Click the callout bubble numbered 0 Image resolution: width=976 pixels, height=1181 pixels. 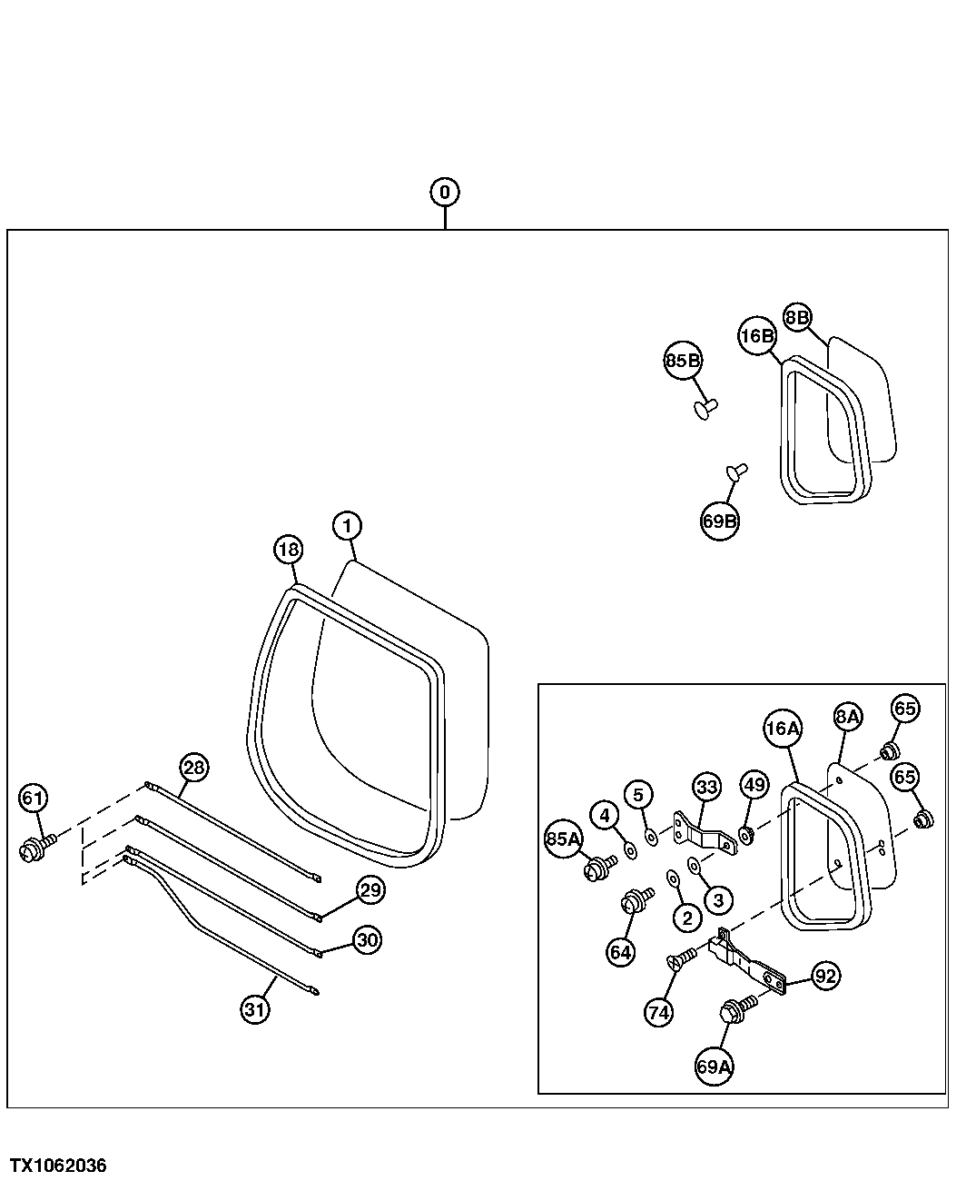445,192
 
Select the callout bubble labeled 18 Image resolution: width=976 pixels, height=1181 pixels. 289,550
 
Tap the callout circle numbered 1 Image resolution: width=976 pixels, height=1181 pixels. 347,525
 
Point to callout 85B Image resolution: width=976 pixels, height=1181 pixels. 683,362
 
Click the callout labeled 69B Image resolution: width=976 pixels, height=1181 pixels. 720,521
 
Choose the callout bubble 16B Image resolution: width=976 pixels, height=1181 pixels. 756,335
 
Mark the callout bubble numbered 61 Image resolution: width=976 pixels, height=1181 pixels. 33,799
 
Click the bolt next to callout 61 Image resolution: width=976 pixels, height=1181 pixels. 34,848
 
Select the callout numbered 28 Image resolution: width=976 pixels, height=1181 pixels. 193,768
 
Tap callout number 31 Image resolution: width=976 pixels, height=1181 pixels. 256,1008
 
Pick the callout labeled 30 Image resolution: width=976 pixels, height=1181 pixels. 367,940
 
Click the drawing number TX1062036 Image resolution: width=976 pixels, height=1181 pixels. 58,1166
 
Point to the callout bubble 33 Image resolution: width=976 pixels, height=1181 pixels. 707,787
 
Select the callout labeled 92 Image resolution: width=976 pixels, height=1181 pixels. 824,977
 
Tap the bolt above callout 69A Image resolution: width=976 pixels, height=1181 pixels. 734,1010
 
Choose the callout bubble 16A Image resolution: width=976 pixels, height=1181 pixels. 782,729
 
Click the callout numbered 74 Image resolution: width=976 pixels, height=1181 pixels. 659,1013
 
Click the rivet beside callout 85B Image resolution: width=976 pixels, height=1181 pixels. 705,407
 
